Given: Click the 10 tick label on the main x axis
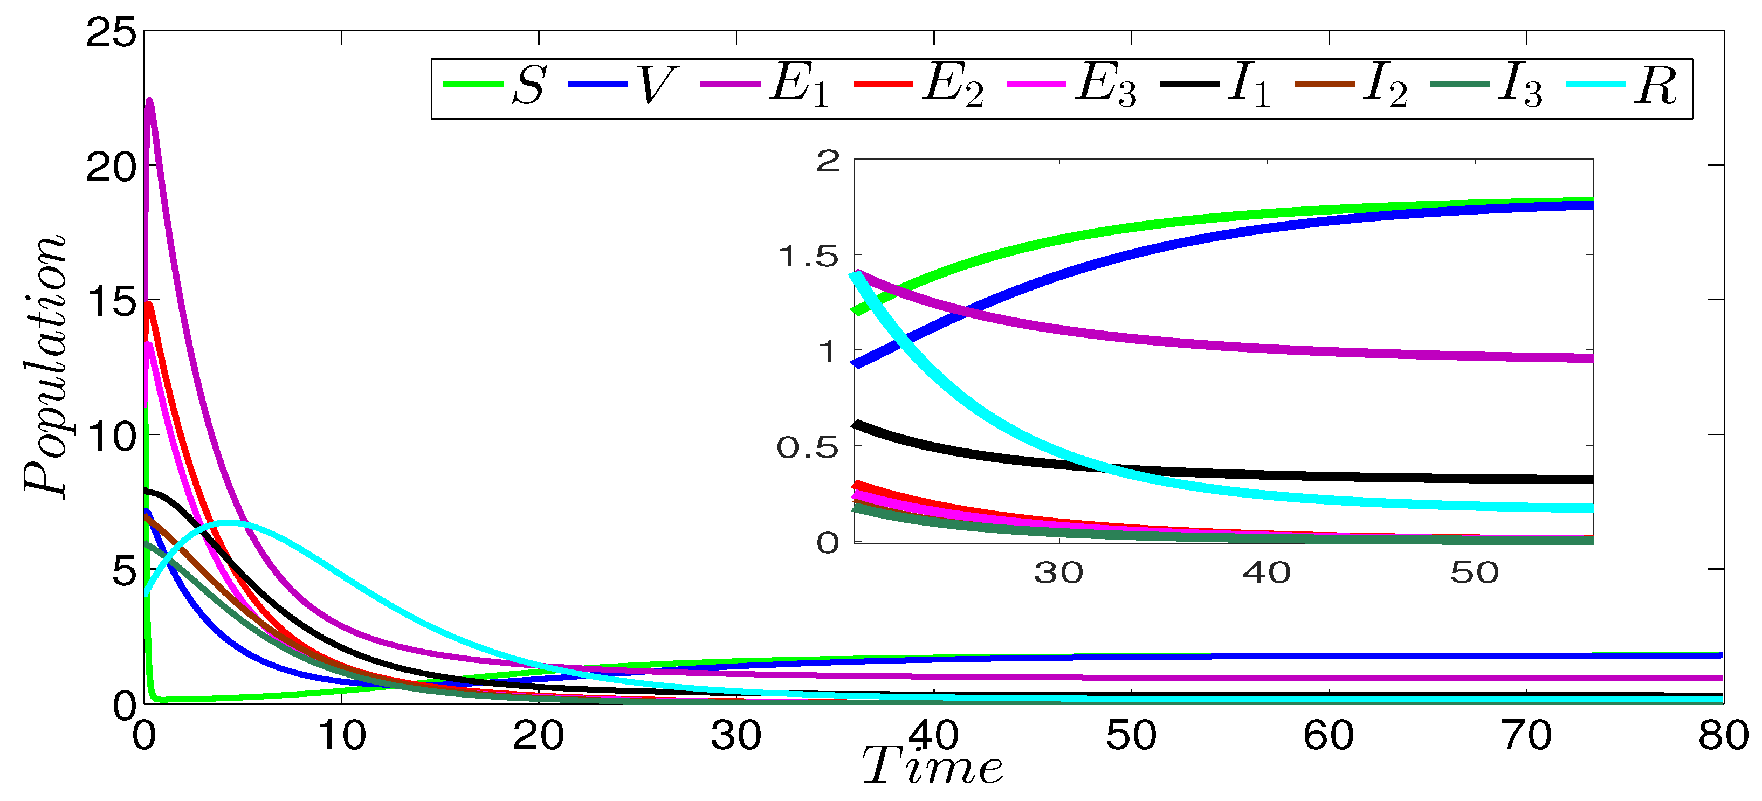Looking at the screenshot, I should tap(341, 736).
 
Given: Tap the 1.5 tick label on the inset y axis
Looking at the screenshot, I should tap(808, 257).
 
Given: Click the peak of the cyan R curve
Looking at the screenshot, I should tap(229, 523).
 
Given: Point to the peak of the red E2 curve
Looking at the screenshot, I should tap(148, 303).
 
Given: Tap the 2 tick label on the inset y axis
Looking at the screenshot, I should tap(828, 161).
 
